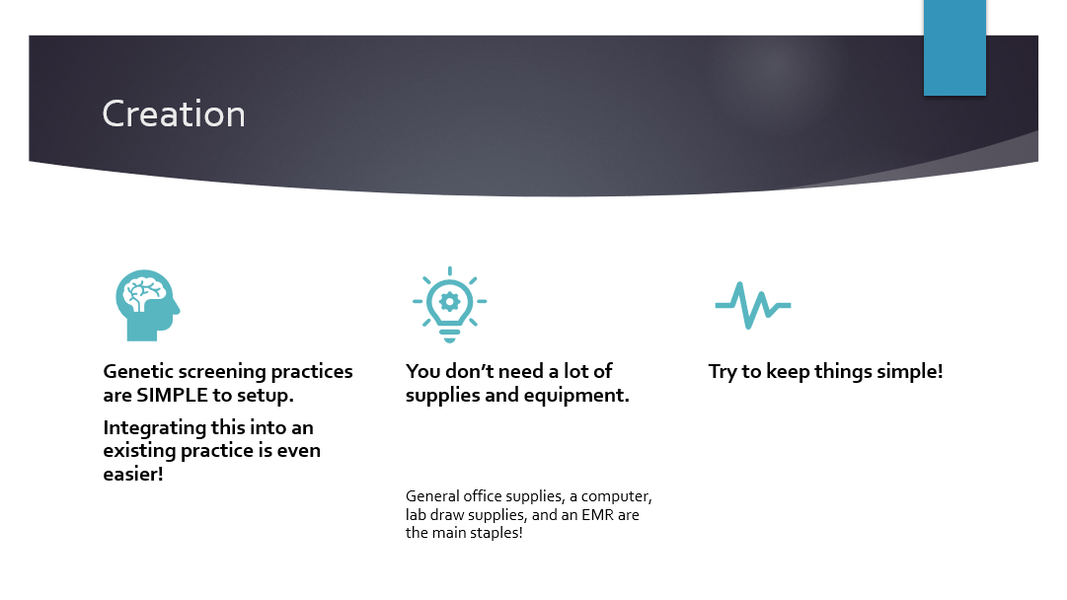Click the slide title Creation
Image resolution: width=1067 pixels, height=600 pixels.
point(174,113)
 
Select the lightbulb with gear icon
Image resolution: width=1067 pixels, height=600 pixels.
point(450,305)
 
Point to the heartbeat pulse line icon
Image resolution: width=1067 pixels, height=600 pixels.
point(752,306)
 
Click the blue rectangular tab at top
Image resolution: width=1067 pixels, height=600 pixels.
point(954,47)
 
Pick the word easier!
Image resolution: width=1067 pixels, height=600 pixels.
point(133,474)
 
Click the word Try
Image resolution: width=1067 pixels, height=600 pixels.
point(723,372)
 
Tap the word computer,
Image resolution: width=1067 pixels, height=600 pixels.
point(617,496)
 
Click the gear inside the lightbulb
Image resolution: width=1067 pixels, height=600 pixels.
point(449,302)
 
